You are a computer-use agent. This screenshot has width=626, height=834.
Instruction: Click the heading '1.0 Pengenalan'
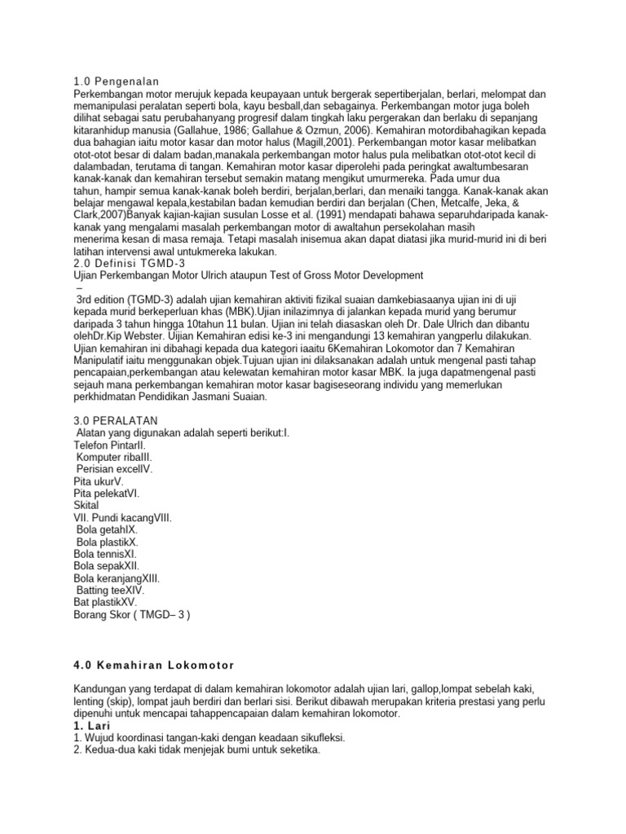116,81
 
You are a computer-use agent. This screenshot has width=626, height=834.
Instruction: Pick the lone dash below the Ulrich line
78,288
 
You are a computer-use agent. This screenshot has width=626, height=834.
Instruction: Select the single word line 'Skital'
86,506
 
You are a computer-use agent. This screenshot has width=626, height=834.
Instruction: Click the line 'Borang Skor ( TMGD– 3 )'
131,615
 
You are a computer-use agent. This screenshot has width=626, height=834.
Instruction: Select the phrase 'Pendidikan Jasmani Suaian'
201,397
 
